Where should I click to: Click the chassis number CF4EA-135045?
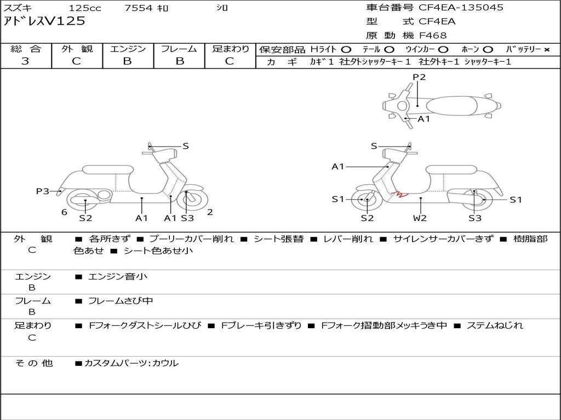click(461, 8)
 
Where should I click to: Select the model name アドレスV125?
click(44, 21)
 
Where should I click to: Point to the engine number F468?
click(433, 36)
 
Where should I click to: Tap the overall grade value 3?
click(25, 61)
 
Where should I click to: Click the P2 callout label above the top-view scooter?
click(419, 77)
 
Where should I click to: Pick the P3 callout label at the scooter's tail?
click(43, 191)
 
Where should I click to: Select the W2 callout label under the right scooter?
click(420, 218)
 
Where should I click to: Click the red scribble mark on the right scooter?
click(400, 195)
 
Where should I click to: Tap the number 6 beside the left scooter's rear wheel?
click(64, 213)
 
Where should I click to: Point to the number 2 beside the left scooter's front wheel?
click(210, 212)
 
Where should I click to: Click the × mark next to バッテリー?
click(547, 50)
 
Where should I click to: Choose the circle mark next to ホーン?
click(488, 50)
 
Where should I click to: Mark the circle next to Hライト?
click(346, 50)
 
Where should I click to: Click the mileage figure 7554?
click(139, 8)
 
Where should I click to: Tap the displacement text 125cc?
click(85, 8)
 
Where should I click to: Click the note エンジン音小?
click(118, 276)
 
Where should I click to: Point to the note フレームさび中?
click(121, 301)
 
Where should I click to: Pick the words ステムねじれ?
click(495, 325)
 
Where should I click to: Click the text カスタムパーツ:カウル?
click(131, 363)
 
